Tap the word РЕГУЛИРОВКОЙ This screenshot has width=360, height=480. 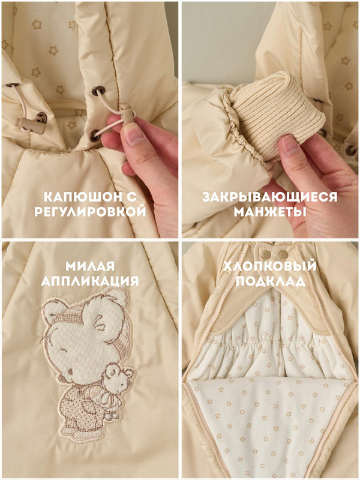90,212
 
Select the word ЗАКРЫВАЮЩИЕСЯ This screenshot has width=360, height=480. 269,197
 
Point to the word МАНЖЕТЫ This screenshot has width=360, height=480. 270,212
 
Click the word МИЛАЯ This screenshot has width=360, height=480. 90,266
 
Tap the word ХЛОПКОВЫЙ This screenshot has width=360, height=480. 269,266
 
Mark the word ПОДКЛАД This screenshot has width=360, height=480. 271,281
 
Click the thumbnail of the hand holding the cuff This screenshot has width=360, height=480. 289,145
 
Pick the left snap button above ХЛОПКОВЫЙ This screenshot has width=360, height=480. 266,254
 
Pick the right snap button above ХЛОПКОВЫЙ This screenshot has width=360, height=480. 284,254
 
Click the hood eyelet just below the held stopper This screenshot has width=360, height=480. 95,135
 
